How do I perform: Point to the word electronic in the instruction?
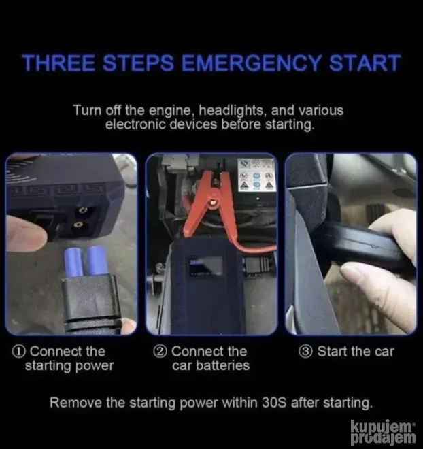coord(135,125)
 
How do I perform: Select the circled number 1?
coord(20,352)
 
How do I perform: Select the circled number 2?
coord(160,352)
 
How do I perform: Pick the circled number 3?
coord(307,352)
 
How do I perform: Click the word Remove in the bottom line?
coord(75,403)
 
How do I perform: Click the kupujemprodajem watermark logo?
coord(383,433)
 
